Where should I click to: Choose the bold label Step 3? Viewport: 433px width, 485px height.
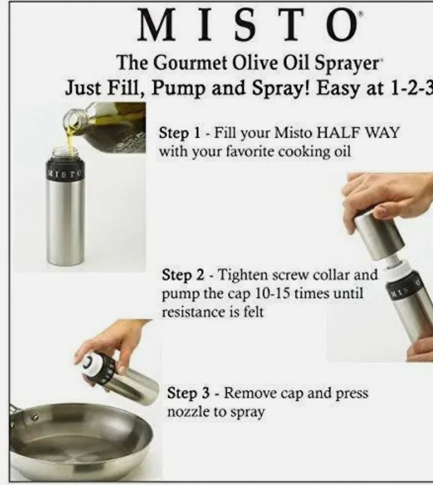189,394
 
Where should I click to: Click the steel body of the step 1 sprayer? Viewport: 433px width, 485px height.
66,222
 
